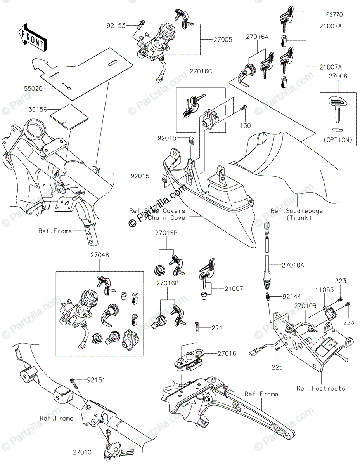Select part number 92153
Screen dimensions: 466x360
tap(117, 26)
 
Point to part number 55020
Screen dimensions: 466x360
tap(41, 89)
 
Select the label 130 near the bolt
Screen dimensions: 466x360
tap(245, 126)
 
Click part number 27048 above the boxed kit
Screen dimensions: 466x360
tap(100, 256)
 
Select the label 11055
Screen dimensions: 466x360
tap(321, 290)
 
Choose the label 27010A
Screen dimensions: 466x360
tap(294, 266)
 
